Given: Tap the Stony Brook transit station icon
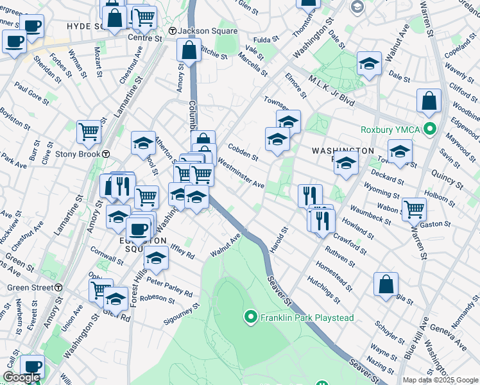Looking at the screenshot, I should pyautogui.click(x=105, y=154).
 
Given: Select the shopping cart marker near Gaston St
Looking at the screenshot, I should pyautogui.click(x=414, y=208).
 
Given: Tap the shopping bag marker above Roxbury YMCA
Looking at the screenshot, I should pyautogui.click(x=428, y=100).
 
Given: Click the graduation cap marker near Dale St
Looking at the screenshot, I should pyautogui.click(x=369, y=63).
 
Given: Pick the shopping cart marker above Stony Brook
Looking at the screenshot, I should pyautogui.click(x=89, y=132).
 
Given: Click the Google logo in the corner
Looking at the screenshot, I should pyautogui.click(x=21, y=378).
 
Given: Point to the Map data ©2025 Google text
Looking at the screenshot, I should pyautogui.click(x=440, y=380).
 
